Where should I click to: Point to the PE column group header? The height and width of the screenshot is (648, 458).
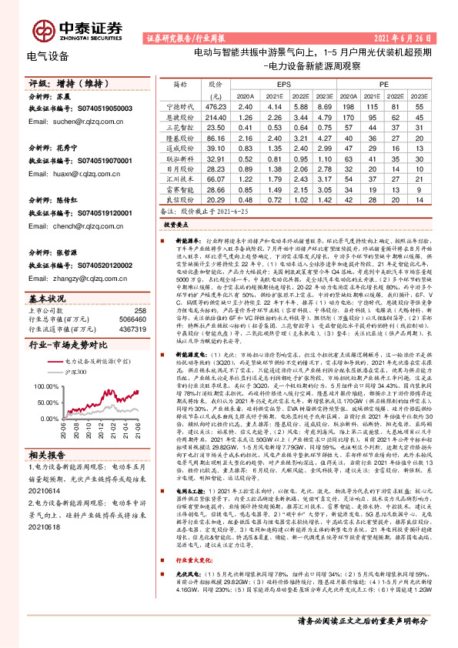point(383,82)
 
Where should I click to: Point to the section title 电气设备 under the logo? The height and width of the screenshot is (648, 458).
point(47,55)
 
